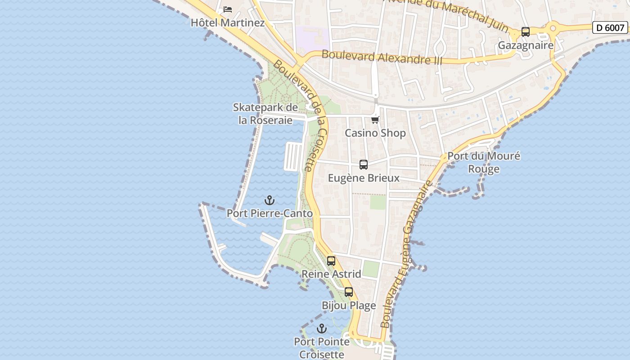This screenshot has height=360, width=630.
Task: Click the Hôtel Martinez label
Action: click(228, 22)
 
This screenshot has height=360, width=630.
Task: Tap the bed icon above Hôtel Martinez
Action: click(228, 9)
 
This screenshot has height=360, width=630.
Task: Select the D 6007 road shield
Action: click(610, 27)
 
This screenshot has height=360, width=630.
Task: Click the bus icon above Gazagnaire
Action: click(525, 32)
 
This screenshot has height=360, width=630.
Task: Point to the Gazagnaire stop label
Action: click(525, 45)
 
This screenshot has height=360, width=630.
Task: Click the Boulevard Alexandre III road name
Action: click(382, 58)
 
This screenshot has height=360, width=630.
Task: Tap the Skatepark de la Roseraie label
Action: click(265, 114)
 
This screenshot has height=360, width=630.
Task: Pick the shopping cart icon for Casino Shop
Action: click(375, 120)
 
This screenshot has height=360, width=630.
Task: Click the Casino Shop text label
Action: click(375, 133)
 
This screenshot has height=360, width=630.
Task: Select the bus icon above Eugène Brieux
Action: click(364, 165)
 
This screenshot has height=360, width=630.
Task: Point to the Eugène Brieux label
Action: click(364, 178)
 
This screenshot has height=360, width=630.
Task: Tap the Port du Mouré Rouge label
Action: click(484, 162)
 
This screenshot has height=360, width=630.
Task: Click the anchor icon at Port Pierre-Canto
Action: click(270, 200)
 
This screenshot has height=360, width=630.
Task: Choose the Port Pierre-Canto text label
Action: click(270, 213)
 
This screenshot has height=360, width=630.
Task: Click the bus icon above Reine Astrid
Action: click(331, 261)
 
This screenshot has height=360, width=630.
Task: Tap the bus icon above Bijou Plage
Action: click(349, 292)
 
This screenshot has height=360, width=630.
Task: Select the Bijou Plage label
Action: click(349, 306)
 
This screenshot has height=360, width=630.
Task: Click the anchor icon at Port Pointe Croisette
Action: click(321, 328)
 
